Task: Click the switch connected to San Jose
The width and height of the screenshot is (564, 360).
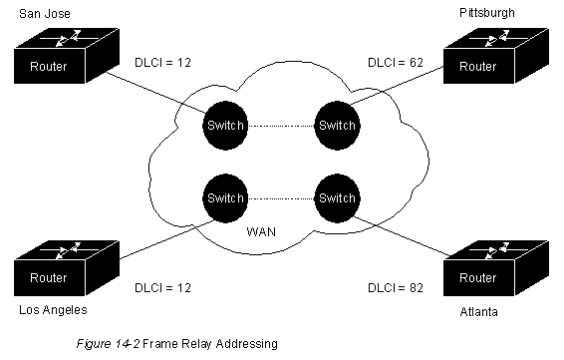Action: pyautogui.click(x=225, y=126)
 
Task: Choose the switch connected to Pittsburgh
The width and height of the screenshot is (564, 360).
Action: pyautogui.click(x=337, y=126)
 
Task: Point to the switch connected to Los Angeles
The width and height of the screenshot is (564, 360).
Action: pyautogui.click(x=225, y=198)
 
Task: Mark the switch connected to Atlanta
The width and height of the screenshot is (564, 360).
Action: pyautogui.click(x=337, y=198)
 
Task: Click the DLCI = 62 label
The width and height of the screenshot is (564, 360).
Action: pyautogui.click(x=396, y=63)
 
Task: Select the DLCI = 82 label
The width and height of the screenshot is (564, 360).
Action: pyautogui.click(x=396, y=288)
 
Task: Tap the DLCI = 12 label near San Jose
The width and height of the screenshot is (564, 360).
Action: pyautogui.click(x=162, y=63)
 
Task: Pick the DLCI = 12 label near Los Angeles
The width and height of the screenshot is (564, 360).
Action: pyautogui.click(x=162, y=288)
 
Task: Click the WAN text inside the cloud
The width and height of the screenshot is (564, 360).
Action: pyautogui.click(x=261, y=231)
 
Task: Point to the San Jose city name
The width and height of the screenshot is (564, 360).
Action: pyautogui.click(x=45, y=14)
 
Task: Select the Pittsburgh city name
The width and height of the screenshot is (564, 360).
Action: pyautogui.click(x=487, y=13)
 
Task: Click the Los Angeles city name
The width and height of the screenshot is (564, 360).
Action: pyautogui.click(x=53, y=310)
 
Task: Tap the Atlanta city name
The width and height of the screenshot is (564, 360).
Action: pyautogui.click(x=478, y=312)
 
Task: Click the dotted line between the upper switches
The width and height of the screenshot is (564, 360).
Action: pyautogui.click(x=281, y=126)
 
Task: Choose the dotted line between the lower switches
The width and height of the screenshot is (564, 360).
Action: pyautogui.click(x=281, y=198)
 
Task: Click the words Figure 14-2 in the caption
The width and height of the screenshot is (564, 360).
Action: pyautogui.click(x=108, y=344)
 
